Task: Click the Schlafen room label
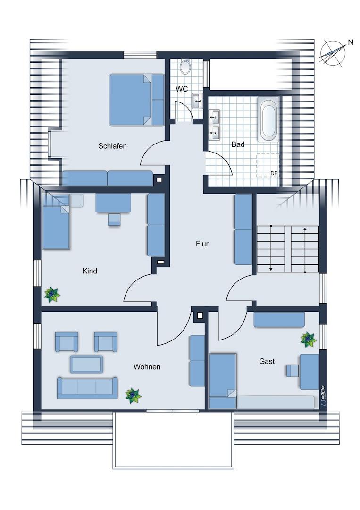pyautogui.click(x=112, y=146)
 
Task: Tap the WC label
pyautogui.click(x=182, y=89)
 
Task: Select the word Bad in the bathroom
pyautogui.click(x=238, y=144)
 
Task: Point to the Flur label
pyautogui.click(x=202, y=244)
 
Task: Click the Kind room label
pyautogui.click(x=90, y=271)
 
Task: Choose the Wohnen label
pyautogui.click(x=147, y=367)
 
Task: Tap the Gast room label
pyautogui.click(x=267, y=361)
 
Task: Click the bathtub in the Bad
pyautogui.click(x=268, y=119)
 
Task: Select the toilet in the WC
pyautogui.click(x=185, y=67)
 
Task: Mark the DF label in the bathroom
pyautogui.click(x=274, y=173)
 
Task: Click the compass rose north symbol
pyautogui.click(x=332, y=53)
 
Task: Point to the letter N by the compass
pyautogui.click(x=350, y=42)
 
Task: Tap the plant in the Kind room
pyautogui.click(x=52, y=295)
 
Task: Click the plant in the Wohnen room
pyautogui.click(x=133, y=396)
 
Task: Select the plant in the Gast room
pyautogui.click(x=309, y=340)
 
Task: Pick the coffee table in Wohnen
pyautogui.click(x=86, y=364)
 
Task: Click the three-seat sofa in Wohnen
pyautogui.click(x=87, y=388)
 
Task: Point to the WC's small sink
pyautogui.click(x=197, y=101)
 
